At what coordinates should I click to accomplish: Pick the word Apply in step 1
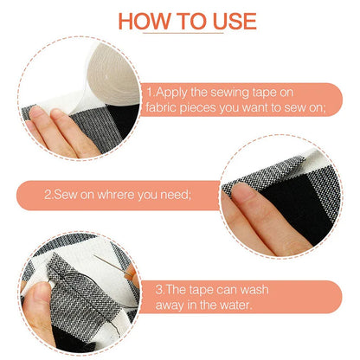(177, 91)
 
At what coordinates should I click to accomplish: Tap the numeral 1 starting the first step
(150, 91)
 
